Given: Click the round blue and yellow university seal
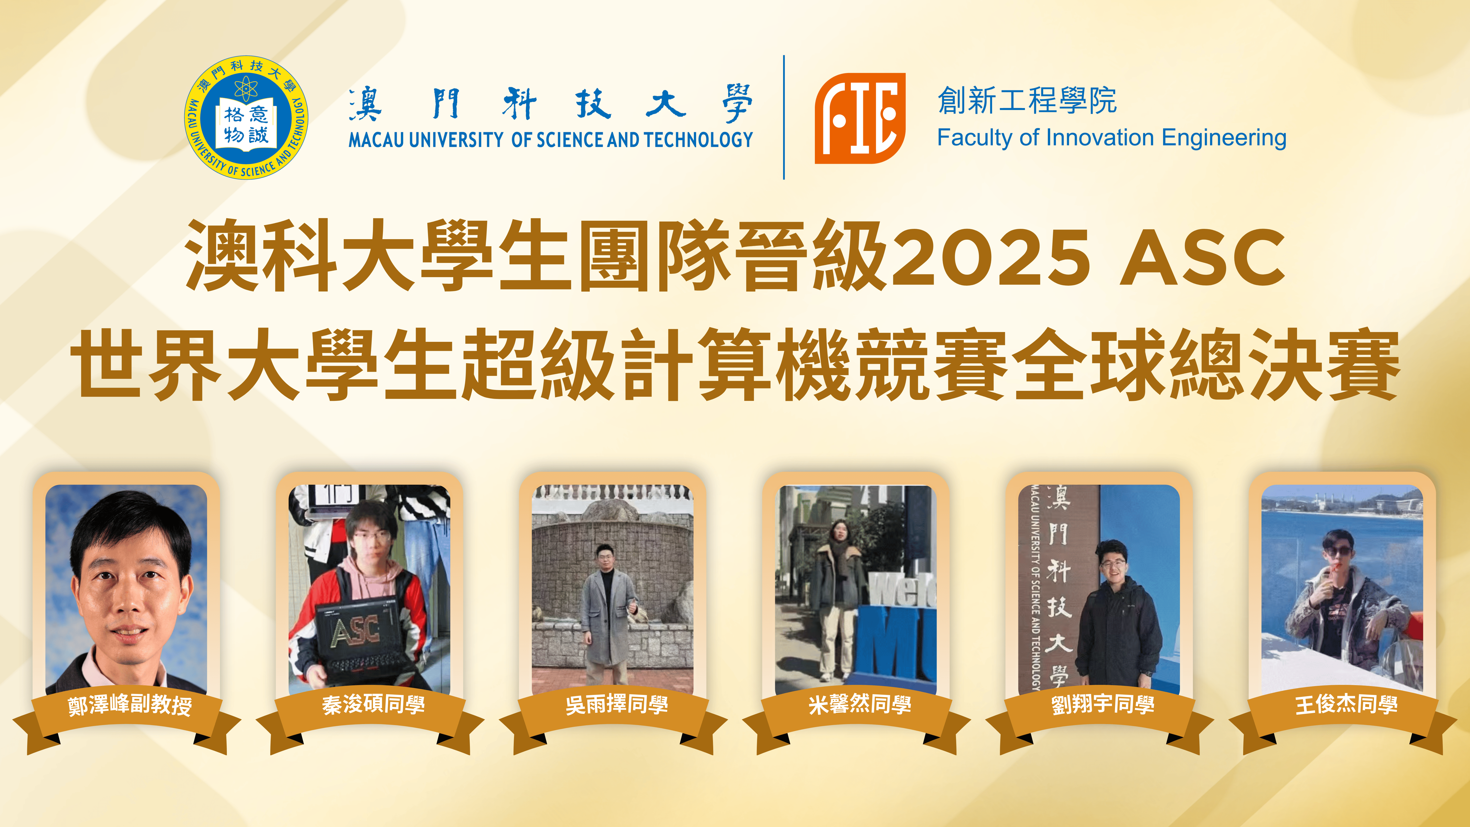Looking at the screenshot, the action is [246, 117].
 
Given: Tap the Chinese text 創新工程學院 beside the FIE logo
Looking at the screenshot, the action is [1027, 100].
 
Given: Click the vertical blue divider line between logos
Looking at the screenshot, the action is [784, 117].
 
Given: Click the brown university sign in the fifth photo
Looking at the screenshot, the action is [1059, 588].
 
